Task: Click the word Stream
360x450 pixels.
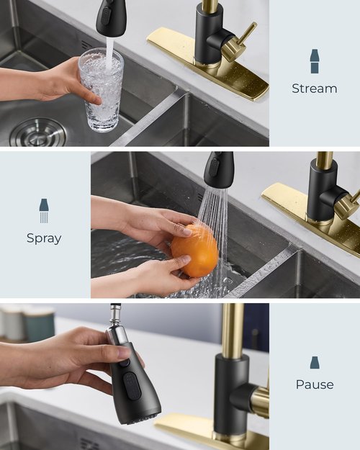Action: [314, 89]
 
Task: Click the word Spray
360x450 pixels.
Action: [44, 238]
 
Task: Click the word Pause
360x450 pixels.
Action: [314, 384]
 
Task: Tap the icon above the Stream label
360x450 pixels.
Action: [314, 61]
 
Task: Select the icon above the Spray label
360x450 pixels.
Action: [44, 210]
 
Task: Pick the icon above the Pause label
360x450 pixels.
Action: [314, 362]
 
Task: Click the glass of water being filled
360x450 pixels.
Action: [101, 90]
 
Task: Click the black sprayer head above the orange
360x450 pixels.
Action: [218, 170]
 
